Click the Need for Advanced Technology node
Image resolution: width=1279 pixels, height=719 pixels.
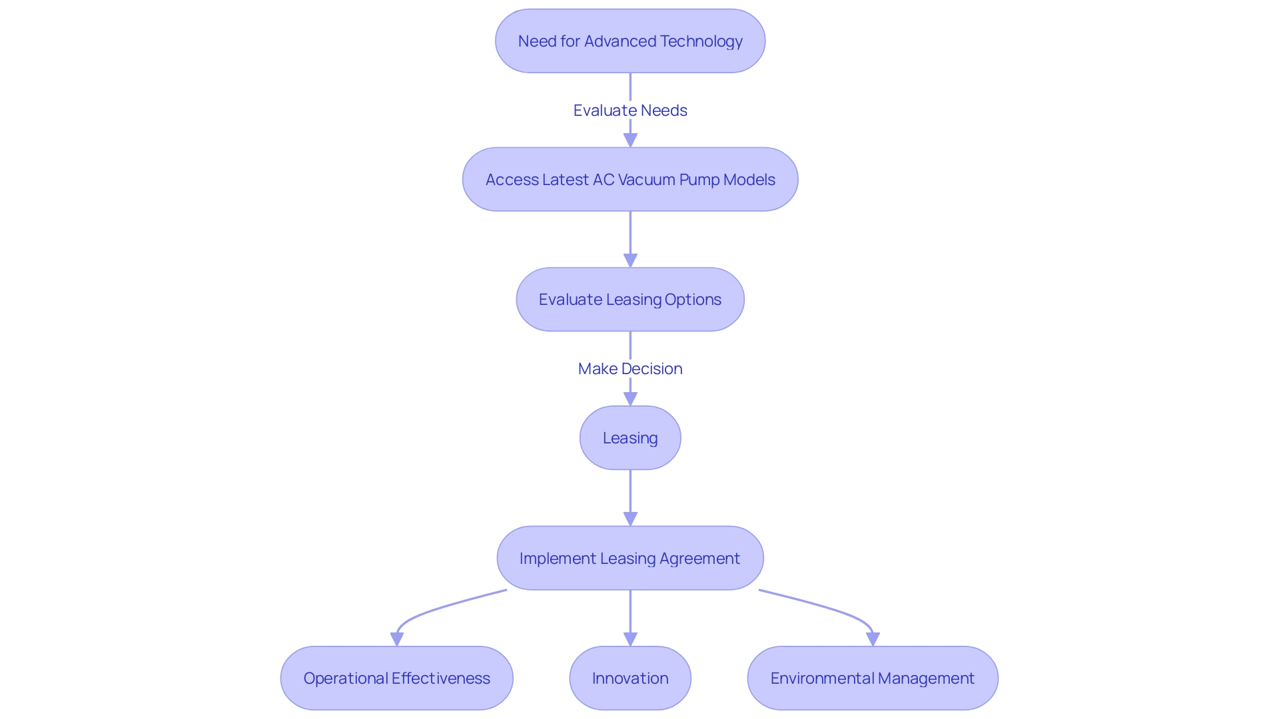pos(630,41)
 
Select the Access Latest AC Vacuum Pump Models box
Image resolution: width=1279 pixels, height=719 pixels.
pos(630,180)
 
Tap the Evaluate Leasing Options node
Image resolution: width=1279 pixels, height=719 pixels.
pos(630,300)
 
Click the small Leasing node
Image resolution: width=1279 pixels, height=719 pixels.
pos(630,438)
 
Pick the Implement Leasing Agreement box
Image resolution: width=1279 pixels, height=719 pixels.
pos(630,558)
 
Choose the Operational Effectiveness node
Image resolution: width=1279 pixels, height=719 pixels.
pos(397,678)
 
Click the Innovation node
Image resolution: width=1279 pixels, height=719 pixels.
pos(630,678)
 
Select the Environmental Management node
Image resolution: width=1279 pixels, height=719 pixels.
pos(873,678)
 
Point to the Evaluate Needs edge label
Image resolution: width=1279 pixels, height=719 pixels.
pos(630,111)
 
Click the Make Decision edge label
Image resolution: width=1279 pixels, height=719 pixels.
pos(630,369)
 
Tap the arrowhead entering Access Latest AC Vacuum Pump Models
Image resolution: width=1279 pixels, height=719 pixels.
pos(630,140)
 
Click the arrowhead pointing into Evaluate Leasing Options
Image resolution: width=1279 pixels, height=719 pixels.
pos(630,260)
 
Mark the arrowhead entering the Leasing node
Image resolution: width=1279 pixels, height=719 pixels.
pos(630,399)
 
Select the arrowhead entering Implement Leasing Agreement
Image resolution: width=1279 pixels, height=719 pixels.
pos(630,519)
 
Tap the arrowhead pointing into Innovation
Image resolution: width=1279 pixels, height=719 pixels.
pos(630,638)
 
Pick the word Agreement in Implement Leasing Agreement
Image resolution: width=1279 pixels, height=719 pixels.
pos(699,558)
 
